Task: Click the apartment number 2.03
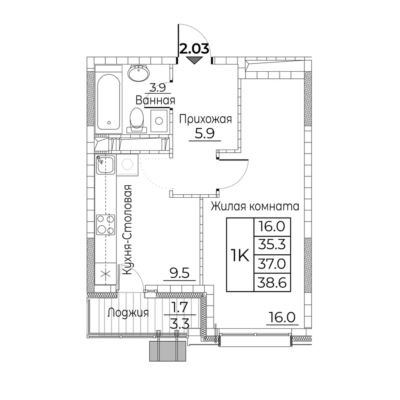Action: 195,49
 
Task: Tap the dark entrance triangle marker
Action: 194,60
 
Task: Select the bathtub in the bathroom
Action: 108,102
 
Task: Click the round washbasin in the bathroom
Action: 138,72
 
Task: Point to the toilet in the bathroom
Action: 137,119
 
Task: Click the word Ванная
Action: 155,100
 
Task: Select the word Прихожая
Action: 206,119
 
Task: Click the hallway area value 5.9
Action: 205,133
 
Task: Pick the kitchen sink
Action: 105,164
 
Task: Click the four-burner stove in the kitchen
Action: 105,225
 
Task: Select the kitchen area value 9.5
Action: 180,274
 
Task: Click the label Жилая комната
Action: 255,206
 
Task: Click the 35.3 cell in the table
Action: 272,245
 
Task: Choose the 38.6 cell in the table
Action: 272,282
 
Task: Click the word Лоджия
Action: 128,313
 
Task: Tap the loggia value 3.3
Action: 180,324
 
